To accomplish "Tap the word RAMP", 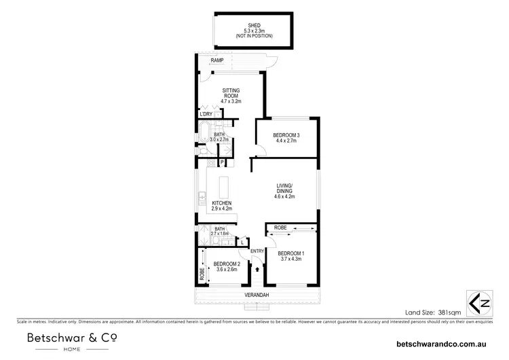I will tap(217, 60).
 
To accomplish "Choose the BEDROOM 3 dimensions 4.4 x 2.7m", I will tap(286, 142).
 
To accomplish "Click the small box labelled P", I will tap(222, 163).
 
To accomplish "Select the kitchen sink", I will tap(202, 198).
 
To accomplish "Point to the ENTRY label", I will tap(257, 251).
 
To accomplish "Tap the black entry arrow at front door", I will tap(257, 268).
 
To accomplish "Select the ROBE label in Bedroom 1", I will tap(280, 228).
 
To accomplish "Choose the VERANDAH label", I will tap(257, 295).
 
